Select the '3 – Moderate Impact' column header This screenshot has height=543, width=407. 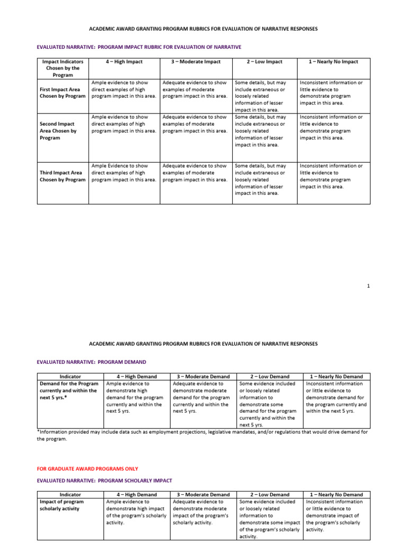[196, 62]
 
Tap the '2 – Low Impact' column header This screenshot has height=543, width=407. [264, 62]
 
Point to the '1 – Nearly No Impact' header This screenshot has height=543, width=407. [334, 62]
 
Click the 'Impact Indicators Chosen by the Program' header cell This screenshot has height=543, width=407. [62, 68]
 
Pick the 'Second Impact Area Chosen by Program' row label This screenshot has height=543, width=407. [58, 130]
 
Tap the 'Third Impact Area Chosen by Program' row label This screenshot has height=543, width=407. [62, 176]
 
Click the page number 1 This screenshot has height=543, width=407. [368, 286]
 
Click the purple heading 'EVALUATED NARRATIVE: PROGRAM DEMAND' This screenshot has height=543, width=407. [91, 362]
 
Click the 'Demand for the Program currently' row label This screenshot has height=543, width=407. [69, 390]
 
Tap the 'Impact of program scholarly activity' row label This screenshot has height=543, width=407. [60, 505]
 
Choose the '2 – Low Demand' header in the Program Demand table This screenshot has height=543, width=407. [270, 376]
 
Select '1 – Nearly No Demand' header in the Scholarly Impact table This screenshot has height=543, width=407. [337, 494]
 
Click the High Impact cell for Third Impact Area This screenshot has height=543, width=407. [123, 173]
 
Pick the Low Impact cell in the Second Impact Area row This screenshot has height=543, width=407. [264, 130]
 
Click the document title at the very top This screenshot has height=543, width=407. [203, 29]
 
